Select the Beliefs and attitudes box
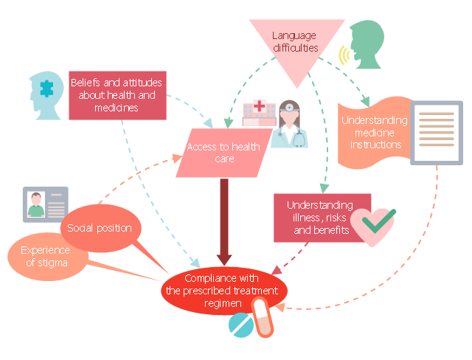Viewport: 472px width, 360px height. click(x=116, y=95)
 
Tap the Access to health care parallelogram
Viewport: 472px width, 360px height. click(x=222, y=153)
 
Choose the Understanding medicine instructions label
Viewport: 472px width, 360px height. click(x=375, y=133)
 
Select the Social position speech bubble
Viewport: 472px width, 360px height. click(x=100, y=228)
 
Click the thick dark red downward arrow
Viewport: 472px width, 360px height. click(x=222, y=221)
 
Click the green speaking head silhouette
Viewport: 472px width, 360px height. click(x=369, y=46)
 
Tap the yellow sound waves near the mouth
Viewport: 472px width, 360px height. click(x=343, y=55)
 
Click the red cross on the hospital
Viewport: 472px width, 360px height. click(x=259, y=108)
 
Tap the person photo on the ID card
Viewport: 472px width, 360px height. click(x=35, y=205)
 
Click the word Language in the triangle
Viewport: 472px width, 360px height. click(x=293, y=35)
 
